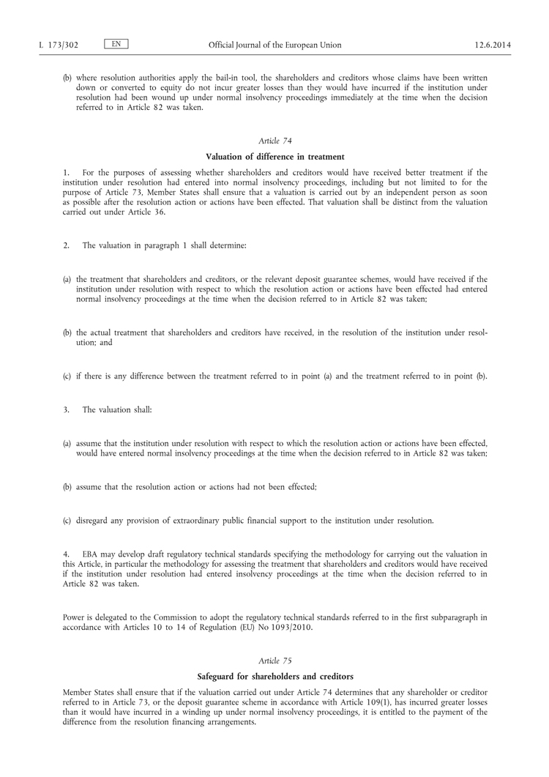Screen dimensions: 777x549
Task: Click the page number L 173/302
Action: click(x=59, y=45)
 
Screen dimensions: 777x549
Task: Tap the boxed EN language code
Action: click(x=116, y=45)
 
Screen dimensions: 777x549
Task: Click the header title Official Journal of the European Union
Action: click(x=274, y=45)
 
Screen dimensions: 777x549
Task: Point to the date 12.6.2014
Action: click(x=493, y=45)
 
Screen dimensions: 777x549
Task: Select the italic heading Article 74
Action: click(x=274, y=139)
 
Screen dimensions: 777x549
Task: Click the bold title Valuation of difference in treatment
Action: click(x=274, y=156)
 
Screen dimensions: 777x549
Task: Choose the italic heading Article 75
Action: click(x=274, y=661)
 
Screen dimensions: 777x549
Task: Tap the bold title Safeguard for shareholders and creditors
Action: click(x=274, y=677)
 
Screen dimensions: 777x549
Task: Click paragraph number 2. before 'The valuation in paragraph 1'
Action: click(x=67, y=246)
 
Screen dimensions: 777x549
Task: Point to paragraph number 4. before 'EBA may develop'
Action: click(x=67, y=554)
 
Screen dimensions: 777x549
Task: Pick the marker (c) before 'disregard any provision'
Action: click(x=67, y=521)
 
